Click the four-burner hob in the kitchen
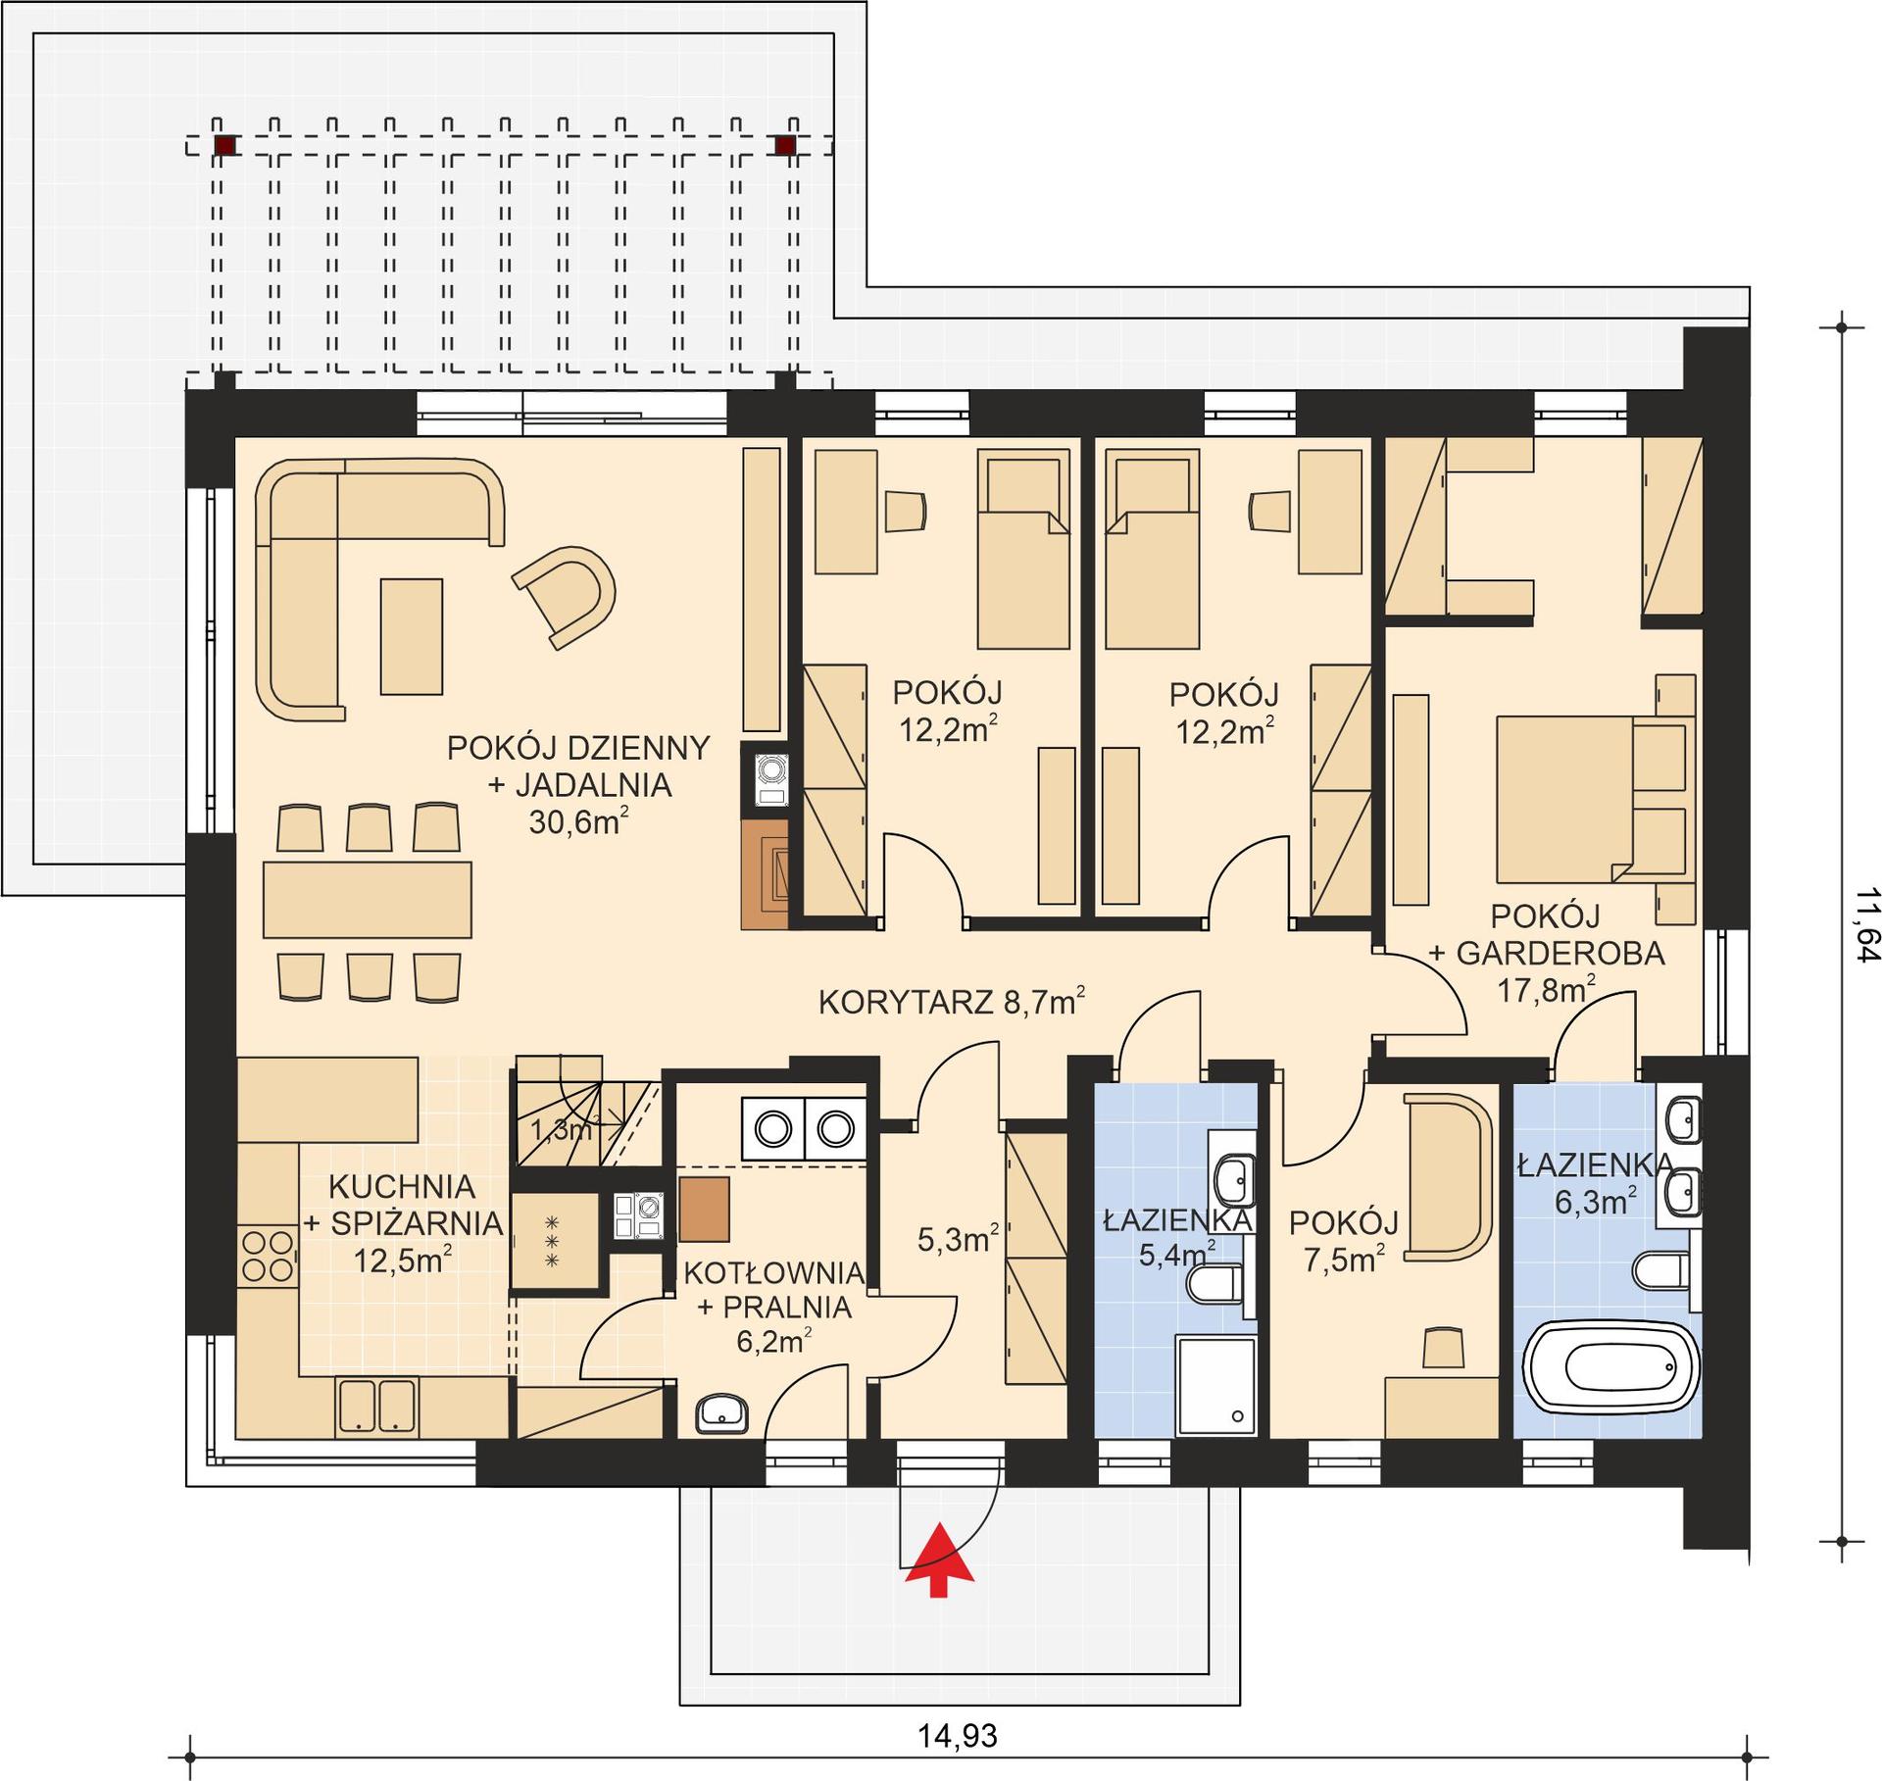[269, 1256]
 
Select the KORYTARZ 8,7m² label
[951, 1002]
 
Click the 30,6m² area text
[578, 821]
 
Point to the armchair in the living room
[564, 596]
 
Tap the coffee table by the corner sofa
[412, 636]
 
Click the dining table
[367, 900]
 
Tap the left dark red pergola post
[225, 146]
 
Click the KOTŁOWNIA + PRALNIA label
[773, 1290]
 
